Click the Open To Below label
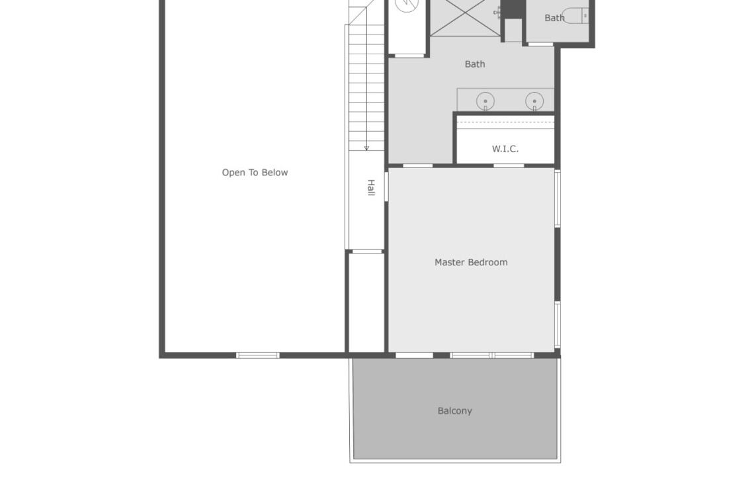tap(255, 172)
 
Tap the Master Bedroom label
tap(471, 262)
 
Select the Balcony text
tap(455, 410)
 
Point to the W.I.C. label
tap(505, 149)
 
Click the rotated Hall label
tap(371, 187)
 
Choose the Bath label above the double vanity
tap(475, 64)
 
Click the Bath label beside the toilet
tap(554, 18)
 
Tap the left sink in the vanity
tap(485, 101)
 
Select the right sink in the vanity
tap(534, 101)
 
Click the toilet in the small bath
tap(575, 16)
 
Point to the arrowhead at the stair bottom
tap(366, 148)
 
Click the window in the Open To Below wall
tap(258, 355)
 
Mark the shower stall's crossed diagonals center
tap(465, 13)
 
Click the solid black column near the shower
tap(513, 9)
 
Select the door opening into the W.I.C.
tap(509, 165)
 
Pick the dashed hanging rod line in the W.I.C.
tap(505, 122)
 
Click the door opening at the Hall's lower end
tap(367, 251)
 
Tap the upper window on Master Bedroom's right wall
tap(558, 198)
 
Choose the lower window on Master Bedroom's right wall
tap(558, 324)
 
